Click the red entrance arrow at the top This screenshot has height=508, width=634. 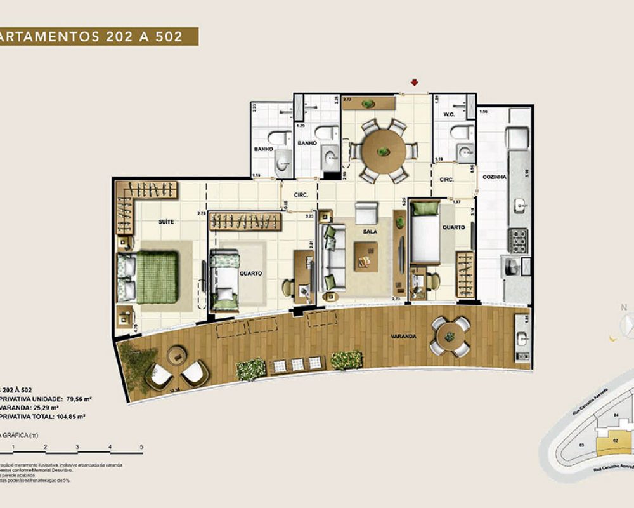click(414, 82)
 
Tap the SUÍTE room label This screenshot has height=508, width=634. click(167, 222)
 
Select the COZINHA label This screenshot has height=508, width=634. click(494, 177)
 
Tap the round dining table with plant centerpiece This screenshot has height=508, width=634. click(384, 150)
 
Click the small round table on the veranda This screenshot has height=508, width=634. click(450, 336)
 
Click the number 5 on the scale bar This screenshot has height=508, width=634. click(142, 448)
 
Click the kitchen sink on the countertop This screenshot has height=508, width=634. click(519, 204)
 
